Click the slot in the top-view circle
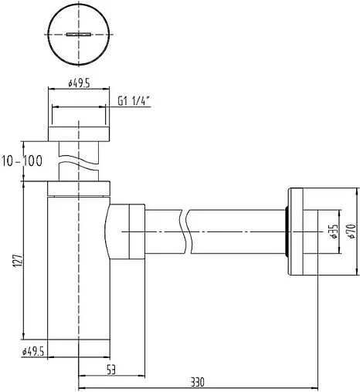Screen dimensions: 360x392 [x=79, y=34]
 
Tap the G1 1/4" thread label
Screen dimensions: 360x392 [x=134, y=101]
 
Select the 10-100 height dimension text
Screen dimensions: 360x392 [x=22, y=161]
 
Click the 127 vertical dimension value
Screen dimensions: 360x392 [x=19, y=261]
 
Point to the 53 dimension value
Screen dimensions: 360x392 [x=111, y=370]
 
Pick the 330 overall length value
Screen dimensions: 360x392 [x=198, y=382]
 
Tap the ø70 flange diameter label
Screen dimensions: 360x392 [x=352, y=231]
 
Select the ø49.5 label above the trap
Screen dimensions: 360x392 [x=79, y=83]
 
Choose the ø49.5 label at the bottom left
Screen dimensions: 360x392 [x=33, y=351]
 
